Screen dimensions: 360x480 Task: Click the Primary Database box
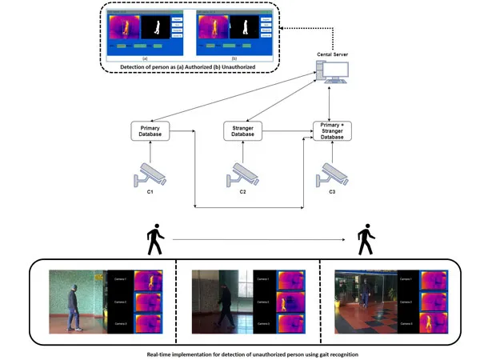pos(150,131)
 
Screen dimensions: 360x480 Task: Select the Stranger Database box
pos(243,131)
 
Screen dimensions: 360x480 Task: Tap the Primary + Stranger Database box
pos(333,131)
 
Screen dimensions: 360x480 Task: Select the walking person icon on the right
pos(366,239)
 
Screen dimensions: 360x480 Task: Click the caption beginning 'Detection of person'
pos(187,66)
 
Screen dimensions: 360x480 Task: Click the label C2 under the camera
pos(242,192)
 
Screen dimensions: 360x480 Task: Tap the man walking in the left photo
pos(74,305)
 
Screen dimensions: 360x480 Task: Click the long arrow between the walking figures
pos(256,238)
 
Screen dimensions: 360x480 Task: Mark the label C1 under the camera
pos(150,192)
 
